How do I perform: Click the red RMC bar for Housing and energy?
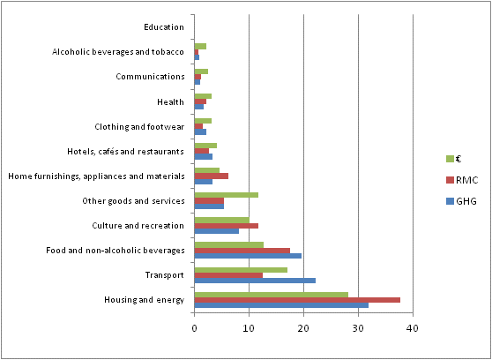click(x=297, y=300)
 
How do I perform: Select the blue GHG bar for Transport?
click(x=255, y=281)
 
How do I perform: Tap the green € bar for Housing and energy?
click(x=271, y=295)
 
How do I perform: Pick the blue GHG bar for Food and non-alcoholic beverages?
click(x=248, y=256)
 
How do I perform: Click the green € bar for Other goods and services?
click(x=226, y=195)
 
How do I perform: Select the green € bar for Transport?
click(x=241, y=270)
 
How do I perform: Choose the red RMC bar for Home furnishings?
click(x=212, y=176)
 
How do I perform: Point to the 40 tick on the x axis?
click(x=413, y=328)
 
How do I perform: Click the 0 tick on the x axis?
click(x=195, y=328)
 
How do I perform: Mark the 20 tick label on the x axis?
click(x=303, y=328)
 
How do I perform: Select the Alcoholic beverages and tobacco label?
click(x=118, y=52)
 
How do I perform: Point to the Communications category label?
click(x=150, y=77)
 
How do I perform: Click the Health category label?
click(x=172, y=101)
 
